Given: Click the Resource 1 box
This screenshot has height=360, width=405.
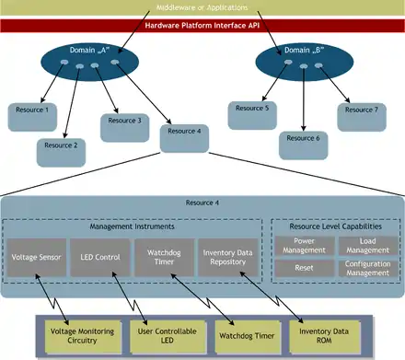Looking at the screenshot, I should pos(33,115).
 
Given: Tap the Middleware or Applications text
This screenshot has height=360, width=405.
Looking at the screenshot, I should pos(202,8).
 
